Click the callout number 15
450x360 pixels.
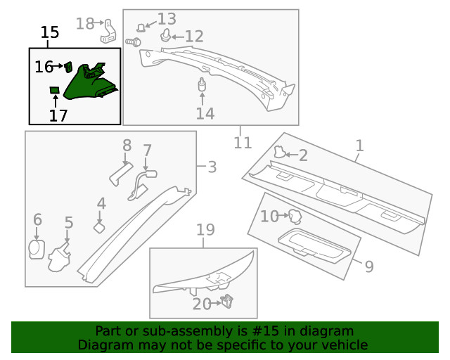click(x=49, y=32)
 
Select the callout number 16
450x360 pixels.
click(x=44, y=67)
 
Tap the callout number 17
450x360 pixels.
click(x=58, y=115)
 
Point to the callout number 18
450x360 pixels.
click(x=84, y=24)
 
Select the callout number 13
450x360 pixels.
click(x=167, y=19)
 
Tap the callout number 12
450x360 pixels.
click(x=193, y=36)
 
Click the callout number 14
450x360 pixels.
click(x=205, y=113)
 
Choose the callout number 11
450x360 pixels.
click(x=243, y=143)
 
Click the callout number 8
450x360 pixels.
click(x=127, y=146)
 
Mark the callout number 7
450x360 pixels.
click(x=147, y=150)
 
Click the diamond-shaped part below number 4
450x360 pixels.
click(x=99, y=227)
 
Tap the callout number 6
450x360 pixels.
click(x=37, y=220)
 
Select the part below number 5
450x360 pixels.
click(x=59, y=258)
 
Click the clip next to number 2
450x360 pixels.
click(x=279, y=152)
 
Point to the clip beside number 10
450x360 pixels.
click(x=294, y=216)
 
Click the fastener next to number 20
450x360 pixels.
click(x=227, y=302)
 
